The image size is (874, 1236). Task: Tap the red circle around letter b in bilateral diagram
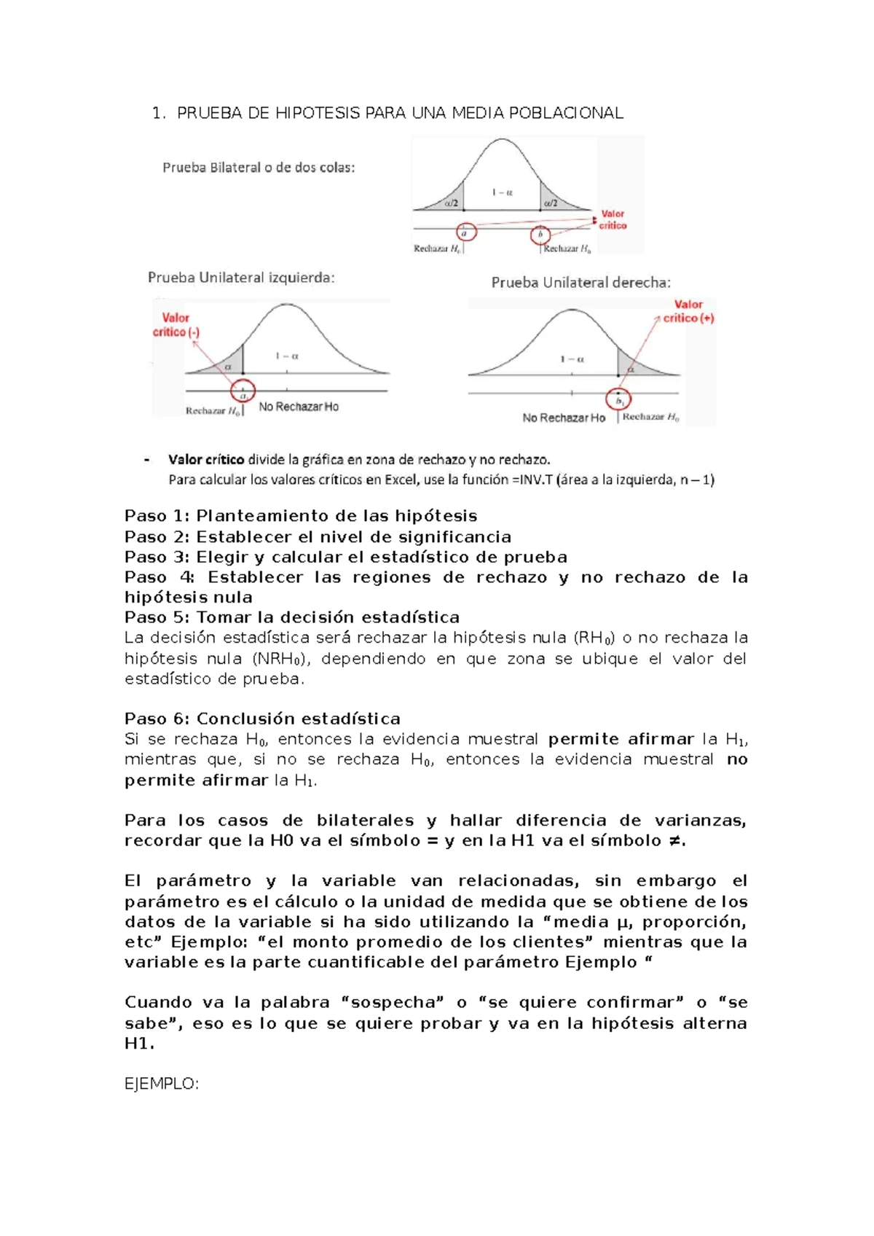(x=540, y=234)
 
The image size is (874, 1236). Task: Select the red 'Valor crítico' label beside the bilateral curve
(x=613, y=219)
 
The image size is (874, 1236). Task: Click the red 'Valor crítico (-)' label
(x=176, y=324)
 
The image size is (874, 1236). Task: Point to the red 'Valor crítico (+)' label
(x=688, y=311)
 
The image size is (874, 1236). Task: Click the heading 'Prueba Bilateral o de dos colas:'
(x=259, y=168)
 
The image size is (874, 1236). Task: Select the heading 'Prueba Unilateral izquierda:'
(x=241, y=278)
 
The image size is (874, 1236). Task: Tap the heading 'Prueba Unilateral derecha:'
(x=580, y=283)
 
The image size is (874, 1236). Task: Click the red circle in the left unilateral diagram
(x=243, y=391)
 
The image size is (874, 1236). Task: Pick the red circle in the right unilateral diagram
(x=619, y=399)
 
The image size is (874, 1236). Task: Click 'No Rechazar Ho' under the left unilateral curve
(x=299, y=407)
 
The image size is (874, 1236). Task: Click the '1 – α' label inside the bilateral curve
(x=502, y=192)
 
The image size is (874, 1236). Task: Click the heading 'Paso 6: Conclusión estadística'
(x=262, y=719)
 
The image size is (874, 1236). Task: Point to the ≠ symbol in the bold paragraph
(x=674, y=840)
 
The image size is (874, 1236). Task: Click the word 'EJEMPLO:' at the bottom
(x=162, y=1084)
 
